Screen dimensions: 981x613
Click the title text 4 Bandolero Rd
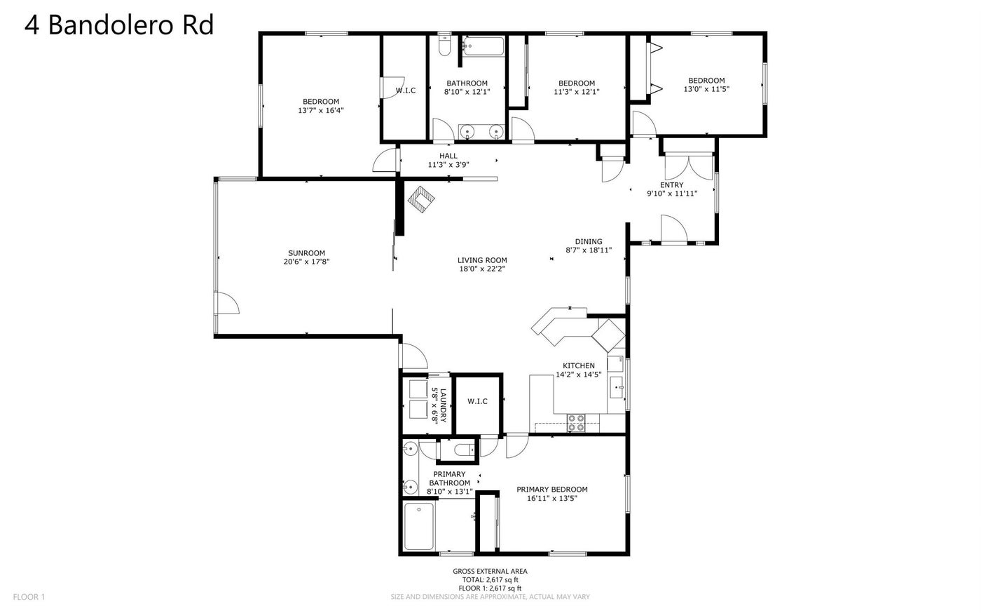click(119, 25)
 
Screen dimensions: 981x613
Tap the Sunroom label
click(307, 253)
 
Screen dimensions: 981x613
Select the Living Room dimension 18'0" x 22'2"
click(482, 269)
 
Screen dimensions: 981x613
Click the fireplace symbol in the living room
click(421, 199)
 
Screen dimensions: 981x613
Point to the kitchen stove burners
click(576, 422)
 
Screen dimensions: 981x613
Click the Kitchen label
click(579, 365)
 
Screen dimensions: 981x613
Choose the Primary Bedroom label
click(552, 490)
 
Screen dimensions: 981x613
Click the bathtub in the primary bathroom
click(419, 526)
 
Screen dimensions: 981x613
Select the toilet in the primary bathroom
click(464, 450)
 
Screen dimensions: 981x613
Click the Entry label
click(672, 185)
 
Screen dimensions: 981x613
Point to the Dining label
click(589, 241)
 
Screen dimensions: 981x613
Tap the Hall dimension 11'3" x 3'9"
click(448, 165)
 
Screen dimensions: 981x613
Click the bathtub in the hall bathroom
click(483, 46)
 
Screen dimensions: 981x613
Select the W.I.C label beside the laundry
click(477, 401)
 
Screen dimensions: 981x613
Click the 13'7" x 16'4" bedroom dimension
click(321, 111)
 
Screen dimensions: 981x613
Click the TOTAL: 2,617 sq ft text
click(490, 579)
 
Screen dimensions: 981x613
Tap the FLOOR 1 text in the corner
click(29, 597)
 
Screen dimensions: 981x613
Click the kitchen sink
click(616, 387)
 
